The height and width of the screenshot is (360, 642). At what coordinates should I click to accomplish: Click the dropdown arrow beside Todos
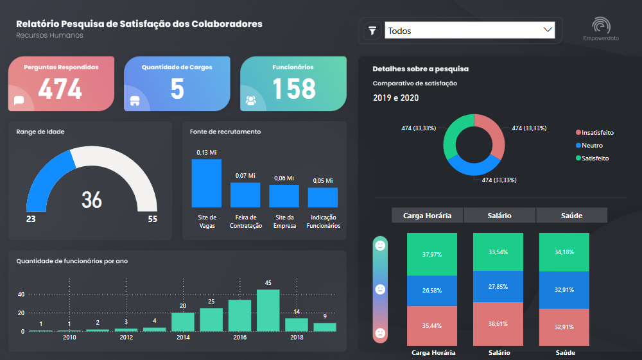click(548, 30)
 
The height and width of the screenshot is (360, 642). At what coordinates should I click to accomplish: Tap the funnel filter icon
click(372, 30)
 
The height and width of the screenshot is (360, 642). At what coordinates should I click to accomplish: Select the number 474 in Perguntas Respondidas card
click(60, 89)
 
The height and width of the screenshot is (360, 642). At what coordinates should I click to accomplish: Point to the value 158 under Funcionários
click(294, 89)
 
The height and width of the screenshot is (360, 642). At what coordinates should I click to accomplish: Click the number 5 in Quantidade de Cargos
click(177, 89)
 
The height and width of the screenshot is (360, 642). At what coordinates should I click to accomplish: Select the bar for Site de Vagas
click(207, 183)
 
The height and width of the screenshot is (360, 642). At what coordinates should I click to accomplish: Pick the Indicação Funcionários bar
click(323, 197)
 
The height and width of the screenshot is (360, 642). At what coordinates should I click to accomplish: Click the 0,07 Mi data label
click(245, 175)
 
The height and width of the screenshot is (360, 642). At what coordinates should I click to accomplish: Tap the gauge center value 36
click(92, 200)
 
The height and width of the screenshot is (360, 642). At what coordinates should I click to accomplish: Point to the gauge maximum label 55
click(152, 219)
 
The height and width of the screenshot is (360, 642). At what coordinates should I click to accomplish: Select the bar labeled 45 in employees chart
click(268, 310)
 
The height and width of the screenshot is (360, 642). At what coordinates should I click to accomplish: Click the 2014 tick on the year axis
click(183, 338)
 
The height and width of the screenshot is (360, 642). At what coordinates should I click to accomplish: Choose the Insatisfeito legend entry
click(597, 133)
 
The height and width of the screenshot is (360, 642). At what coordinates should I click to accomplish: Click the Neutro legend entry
click(592, 146)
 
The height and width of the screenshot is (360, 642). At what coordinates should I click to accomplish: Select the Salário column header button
click(499, 216)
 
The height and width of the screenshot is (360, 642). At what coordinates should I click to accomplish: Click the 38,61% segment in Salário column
click(498, 323)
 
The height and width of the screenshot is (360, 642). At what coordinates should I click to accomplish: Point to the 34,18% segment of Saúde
click(564, 252)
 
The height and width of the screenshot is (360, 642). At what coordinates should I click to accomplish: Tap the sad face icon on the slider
click(380, 333)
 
